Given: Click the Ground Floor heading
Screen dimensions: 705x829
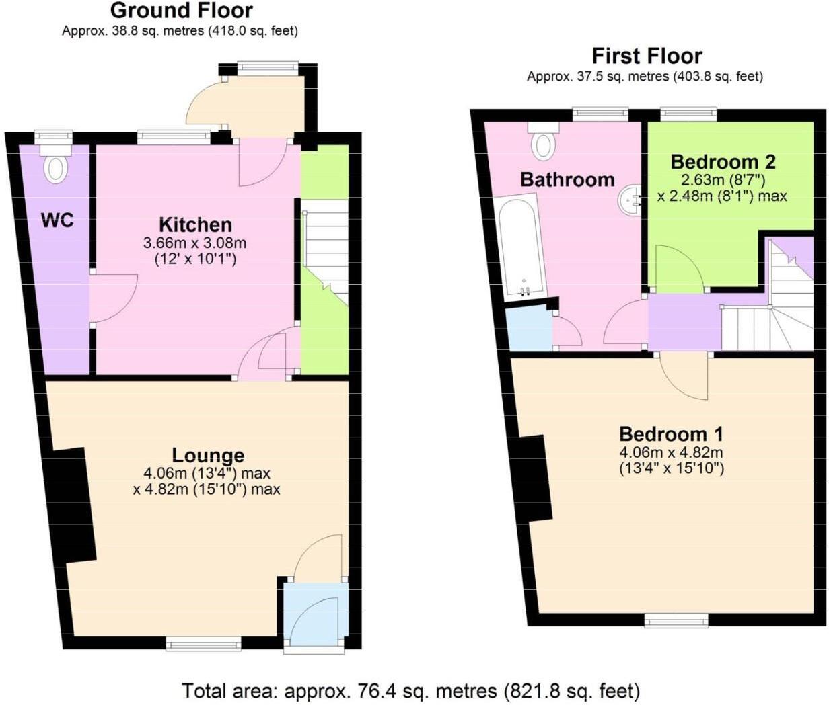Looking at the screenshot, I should (x=181, y=11).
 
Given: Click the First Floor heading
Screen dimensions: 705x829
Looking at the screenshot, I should (x=647, y=56).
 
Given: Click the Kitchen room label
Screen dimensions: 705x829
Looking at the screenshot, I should (x=195, y=224).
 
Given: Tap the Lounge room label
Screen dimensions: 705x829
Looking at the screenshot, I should (x=207, y=455).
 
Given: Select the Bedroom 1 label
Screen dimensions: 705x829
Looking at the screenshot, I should (x=671, y=433).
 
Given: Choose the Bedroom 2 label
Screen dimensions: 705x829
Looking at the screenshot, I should (x=723, y=162).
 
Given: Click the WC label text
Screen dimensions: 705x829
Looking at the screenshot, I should (x=57, y=220).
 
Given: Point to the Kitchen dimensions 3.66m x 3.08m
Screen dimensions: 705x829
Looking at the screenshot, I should (x=195, y=243).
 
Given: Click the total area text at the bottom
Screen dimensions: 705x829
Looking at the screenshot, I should (x=410, y=690).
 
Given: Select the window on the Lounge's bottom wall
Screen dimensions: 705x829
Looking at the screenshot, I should (x=203, y=645).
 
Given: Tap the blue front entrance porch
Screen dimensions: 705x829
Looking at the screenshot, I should (x=314, y=616).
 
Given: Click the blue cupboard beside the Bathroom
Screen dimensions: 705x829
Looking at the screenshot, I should (x=529, y=328).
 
